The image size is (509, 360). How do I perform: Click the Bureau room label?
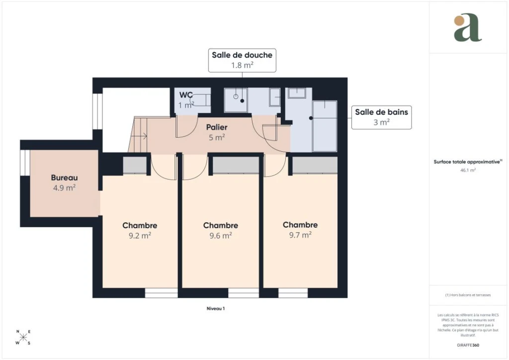[64, 178]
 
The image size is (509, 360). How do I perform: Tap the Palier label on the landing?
[217, 127]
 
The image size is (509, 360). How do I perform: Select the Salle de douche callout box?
[242, 60]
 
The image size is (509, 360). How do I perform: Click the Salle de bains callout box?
[381, 117]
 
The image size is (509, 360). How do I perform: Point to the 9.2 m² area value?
[140, 235]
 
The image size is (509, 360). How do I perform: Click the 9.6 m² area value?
[221, 235]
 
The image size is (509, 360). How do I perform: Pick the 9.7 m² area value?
[300, 235]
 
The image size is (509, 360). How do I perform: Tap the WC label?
[186, 95]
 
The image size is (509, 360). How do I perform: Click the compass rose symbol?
[23, 338]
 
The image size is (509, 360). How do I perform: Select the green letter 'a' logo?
[467, 27]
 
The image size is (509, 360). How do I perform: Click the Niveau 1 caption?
[216, 308]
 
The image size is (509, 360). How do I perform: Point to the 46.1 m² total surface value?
[468, 170]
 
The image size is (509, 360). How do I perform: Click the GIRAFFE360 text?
[468, 345]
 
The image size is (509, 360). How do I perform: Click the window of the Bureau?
[25, 163]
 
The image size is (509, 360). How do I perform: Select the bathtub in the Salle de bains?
[325, 126]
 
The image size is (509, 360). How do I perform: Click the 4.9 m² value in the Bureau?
[64, 187]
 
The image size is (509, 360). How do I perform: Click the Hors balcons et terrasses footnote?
[468, 295]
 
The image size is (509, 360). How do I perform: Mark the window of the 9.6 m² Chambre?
[244, 293]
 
